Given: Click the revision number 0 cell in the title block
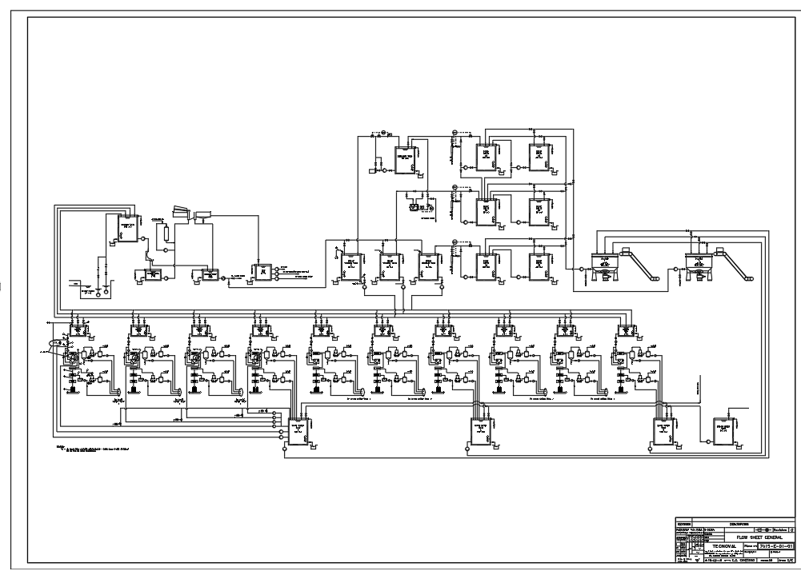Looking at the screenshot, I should click(x=791, y=529).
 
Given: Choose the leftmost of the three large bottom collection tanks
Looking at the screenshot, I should click(x=298, y=433).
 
